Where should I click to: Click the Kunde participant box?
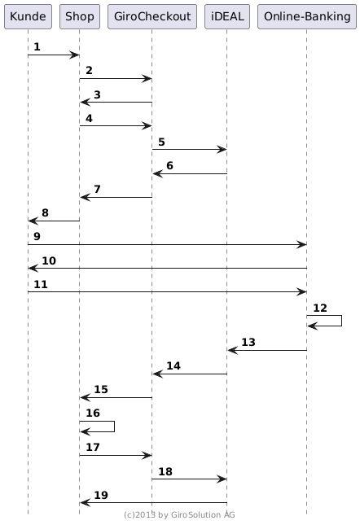tap(28, 16)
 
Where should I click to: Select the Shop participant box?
tap(80, 16)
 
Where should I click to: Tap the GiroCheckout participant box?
tap(152, 16)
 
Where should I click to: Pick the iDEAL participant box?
tap(227, 16)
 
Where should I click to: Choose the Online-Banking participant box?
tap(307, 16)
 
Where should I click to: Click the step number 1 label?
tap(37, 47)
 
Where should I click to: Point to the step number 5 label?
tap(161, 142)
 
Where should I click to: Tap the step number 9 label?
tap(37, 236)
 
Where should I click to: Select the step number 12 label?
tap(320, 308)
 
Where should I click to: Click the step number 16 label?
tap(93, 413)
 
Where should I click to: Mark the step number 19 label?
tap(101, 495)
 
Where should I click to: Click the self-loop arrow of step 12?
tap(341, 321)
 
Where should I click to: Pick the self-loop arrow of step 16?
tap(115, 427)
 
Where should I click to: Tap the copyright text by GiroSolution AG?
tap(179, 515)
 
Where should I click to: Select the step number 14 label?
tap(173, 366)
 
